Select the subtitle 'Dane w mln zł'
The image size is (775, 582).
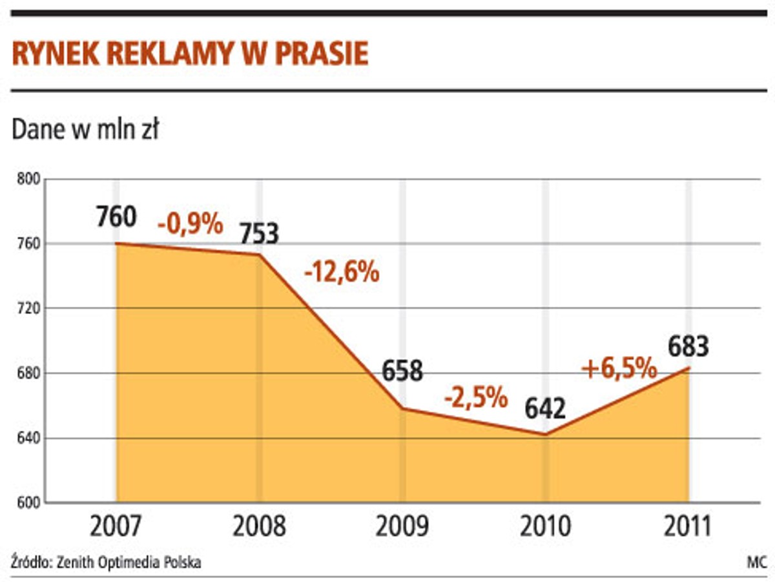(85, 131)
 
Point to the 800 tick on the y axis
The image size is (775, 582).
(28, 180)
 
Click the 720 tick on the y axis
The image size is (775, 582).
(28, 309)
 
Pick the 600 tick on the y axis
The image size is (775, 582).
(28, 503)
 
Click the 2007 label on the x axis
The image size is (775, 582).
(116, 526)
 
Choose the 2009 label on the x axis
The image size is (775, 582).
(402, 526)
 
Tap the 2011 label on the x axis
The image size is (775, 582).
(687, 526)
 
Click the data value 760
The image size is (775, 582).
(117, 217)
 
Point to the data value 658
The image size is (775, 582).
(402, 371)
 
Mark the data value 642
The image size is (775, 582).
(544, 408)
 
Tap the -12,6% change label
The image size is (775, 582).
(341, 272)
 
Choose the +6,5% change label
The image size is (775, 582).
(619, 369)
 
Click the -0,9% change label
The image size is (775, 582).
(191, 224)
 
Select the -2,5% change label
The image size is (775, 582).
(476, 397)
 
